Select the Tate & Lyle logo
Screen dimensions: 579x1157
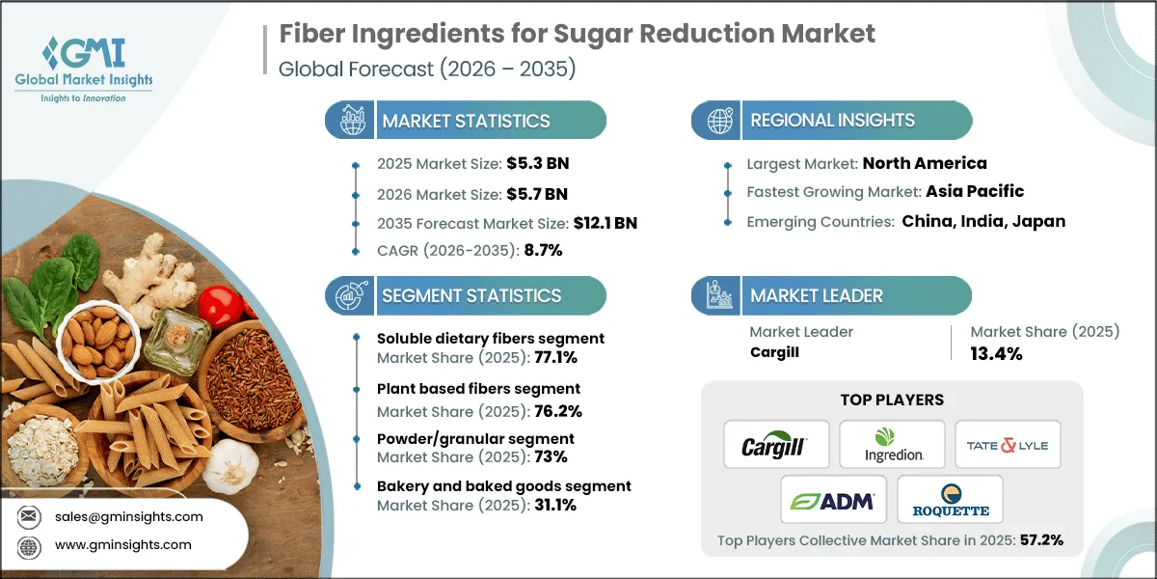coord(1008,445)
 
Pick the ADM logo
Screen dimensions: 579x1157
coord(833,499)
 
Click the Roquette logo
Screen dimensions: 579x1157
coord(950,499)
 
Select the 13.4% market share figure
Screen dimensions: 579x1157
coord(997,353)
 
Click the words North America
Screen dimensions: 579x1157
coord(925,163)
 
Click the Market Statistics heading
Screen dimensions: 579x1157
coord(466,121)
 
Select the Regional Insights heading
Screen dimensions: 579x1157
coord(832,121)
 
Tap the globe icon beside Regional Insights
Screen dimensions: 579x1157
coord(717,121)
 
